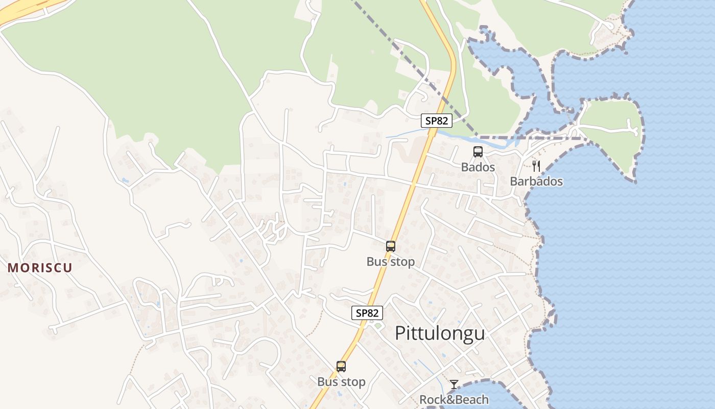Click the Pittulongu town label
pos(440,333)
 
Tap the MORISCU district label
pos(40,267)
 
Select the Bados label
pos(478,167)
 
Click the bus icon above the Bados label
pos(478,152)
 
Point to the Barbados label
pos(536,181)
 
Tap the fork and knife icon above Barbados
pos(536,166)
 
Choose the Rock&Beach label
pos(454,399)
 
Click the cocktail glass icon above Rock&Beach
pos(454,384)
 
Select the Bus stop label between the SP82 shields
pos(391,262)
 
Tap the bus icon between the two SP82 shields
pos(391,246)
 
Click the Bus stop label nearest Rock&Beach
pos(341,382)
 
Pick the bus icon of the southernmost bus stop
pos(341,367)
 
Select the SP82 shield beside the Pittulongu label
pos(367,313)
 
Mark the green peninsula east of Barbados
pos(610,128)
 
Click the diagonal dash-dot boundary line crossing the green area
pos(398,46)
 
